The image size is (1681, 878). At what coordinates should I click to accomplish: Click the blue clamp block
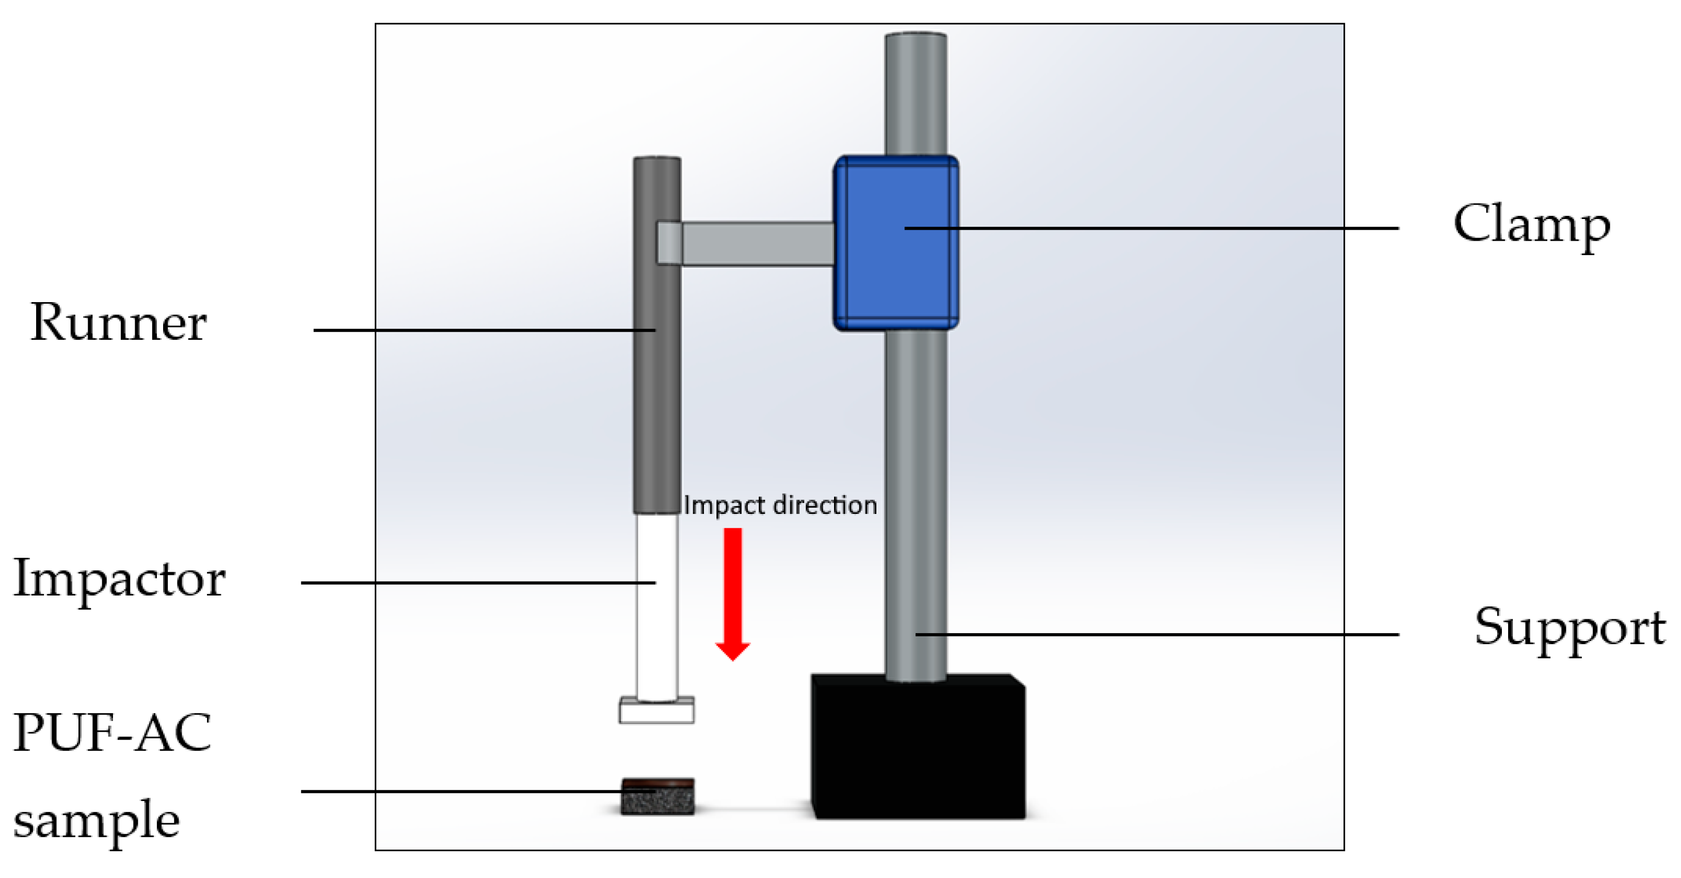click(895, 274)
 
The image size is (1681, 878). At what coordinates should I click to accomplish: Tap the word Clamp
click(1531, 225)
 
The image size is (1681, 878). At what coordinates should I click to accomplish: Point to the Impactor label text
click(119, 579)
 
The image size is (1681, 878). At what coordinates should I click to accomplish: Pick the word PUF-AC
click(112, 732)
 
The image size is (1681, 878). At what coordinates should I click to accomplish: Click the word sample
click(97, 820)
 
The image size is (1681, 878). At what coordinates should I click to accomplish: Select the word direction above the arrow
click(825, 505)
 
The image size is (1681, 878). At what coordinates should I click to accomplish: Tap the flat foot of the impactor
click(657, 710)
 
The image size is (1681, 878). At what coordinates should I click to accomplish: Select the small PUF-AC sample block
click(657, 797)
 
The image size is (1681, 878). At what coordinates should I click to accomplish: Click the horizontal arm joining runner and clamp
click(757, 243)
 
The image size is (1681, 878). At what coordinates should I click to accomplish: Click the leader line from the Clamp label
click(1175, 228)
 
